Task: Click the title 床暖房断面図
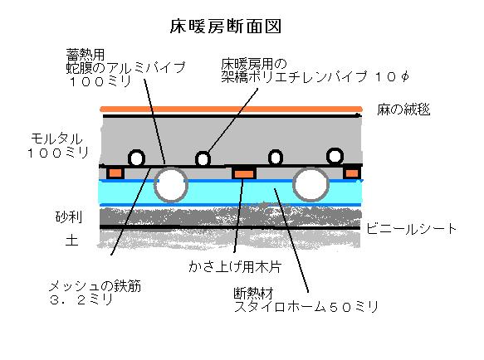coord(226,27)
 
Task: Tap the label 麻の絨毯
coord(403,109)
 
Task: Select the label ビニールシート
coord(411,229)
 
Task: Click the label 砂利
coord(69,216)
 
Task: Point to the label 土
coord(71,240)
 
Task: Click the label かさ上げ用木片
coord(235,266)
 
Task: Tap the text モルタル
coord(56,139)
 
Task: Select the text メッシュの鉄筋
coord(95,286)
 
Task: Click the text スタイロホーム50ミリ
coord(306,307)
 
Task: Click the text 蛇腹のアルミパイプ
coord(125,67)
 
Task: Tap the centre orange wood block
coord(244,173)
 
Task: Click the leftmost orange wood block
coord(115,173)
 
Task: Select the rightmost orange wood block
coord(352,173)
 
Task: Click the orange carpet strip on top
coord(231,109)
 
